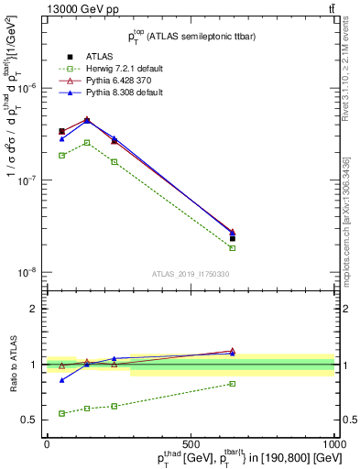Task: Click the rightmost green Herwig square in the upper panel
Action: [233, 248]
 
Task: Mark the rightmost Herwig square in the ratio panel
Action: [233, 384]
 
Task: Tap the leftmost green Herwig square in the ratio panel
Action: [61, 413]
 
